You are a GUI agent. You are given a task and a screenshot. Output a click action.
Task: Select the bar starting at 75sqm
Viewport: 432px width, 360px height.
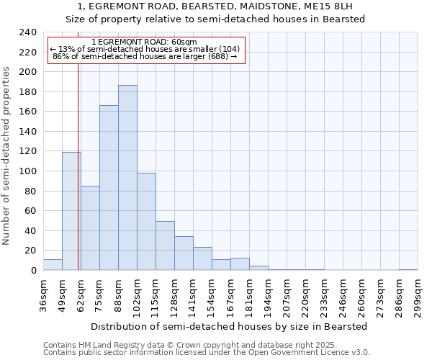[109, 188]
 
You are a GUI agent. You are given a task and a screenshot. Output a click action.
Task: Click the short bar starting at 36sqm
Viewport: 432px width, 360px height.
[53, 265]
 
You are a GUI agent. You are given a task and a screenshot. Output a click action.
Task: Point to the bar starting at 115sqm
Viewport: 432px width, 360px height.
[165, 246]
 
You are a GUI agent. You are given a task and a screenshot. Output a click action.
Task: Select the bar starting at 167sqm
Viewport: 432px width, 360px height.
[240, 264]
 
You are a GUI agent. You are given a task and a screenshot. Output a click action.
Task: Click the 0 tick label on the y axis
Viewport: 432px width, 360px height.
[33, 271]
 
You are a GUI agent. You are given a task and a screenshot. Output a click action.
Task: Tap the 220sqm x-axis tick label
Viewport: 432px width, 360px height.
[305, 297]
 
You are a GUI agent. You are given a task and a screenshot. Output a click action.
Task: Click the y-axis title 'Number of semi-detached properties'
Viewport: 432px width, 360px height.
[6, 156]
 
